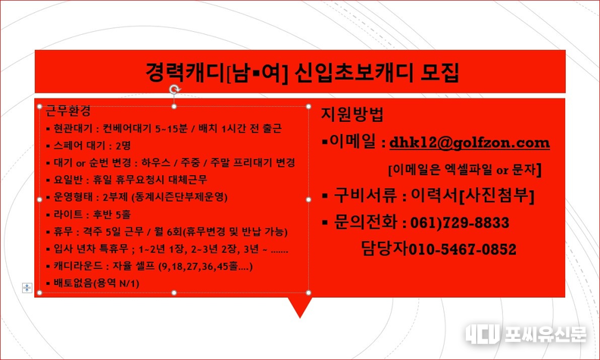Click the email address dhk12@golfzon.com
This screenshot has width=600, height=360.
click(x=470, y=143)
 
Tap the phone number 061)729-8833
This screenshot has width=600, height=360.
click(x=460, y=223)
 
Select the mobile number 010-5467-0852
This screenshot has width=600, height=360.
click(x=463, y=249)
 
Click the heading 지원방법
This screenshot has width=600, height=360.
click(x=352, y=114)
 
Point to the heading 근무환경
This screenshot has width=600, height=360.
click(x=68, y=111)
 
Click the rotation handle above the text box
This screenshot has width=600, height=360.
click(x=174, y=89)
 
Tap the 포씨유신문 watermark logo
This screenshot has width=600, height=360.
click(x=526, y=334)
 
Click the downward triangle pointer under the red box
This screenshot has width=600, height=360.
click(x=300, y=307)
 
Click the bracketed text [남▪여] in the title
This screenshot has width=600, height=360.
click(x=257, y=73)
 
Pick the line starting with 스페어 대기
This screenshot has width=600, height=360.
click(x=89, y=146)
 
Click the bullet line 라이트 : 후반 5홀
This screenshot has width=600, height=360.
click(x=89, y=214)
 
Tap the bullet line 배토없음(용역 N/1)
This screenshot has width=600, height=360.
click(x=92, y=283)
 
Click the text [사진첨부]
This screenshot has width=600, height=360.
click(x=496, y=196)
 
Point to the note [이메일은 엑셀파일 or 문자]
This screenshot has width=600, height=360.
click(x=465, y=170)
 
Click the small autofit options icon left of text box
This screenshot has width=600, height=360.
click(x=27, y=287)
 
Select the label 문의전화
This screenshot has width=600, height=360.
click(x=365, y=222)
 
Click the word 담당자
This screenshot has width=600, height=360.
click(x=385, y=249)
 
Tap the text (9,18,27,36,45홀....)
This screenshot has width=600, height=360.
click(x=205, y=266)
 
